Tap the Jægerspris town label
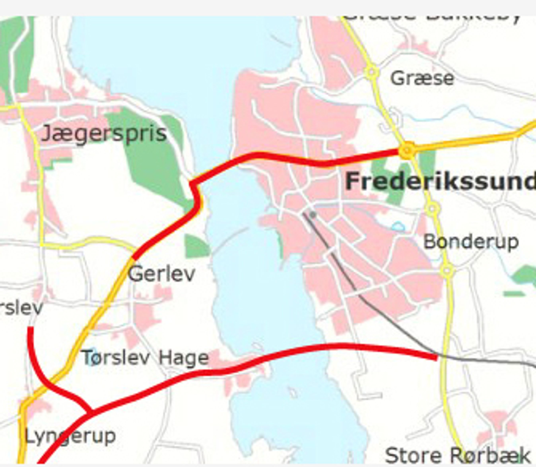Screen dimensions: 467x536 tap(104, 133)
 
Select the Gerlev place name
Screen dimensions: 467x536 tap(162, 274)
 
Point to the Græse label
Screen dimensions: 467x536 tap(422, 78)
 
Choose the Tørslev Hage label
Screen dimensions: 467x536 tap(145, 358)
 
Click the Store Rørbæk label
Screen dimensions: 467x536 tap(457, 455)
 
